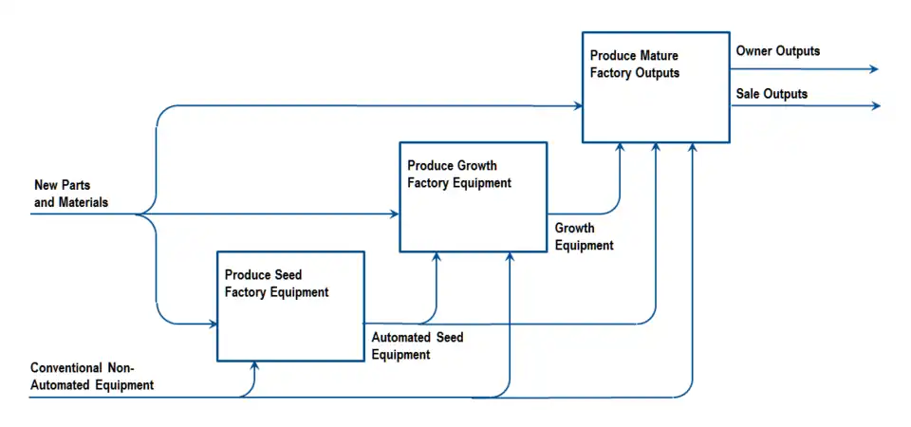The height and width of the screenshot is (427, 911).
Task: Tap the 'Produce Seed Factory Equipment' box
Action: point(290,306)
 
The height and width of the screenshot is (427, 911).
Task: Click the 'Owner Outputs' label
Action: point(777,50)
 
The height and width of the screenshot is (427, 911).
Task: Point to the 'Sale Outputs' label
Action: point(772,94)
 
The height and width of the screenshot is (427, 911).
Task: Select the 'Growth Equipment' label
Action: point(584,236)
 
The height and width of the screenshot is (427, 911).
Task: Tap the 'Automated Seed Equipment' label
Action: point(417,345)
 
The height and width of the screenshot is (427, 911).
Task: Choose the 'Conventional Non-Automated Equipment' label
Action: point(92,376)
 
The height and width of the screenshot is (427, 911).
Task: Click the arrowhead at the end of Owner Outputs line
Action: point(874,69)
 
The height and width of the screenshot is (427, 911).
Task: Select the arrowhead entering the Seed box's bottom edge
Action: point(253,364)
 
